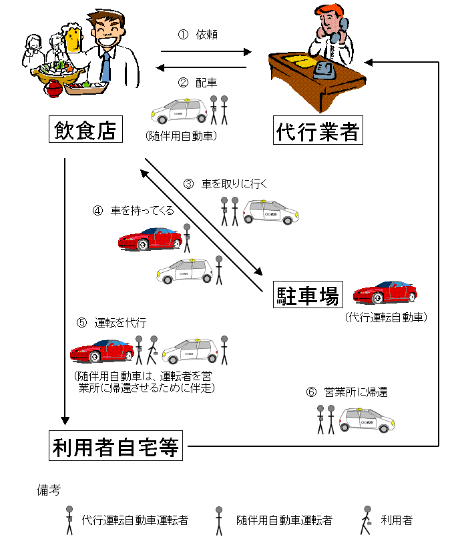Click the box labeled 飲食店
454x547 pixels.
pos(85,129)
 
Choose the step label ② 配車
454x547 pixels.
pos(198,83)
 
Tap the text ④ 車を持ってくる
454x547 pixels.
pos(133,210)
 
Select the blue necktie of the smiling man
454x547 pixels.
pos(105,67)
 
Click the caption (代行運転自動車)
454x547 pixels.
pos(386,317)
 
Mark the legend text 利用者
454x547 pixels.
pos(397,520)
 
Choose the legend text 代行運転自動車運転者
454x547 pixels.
pos(134,520)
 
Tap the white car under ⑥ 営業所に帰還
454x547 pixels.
pos(367,420)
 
